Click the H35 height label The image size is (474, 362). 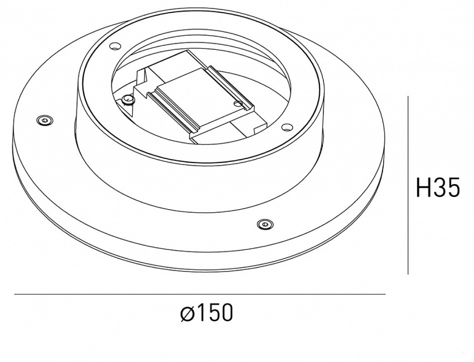pyautogui.click(x=438, y=188)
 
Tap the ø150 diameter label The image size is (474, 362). pyautogui.click(x=206, y=313)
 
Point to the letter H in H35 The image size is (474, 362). pyautogui.click(x=424, y=188)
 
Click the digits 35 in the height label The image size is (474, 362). pyautogui.click(x=447, y=188)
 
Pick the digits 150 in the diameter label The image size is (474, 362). pyautogui.click(x=214, y=313)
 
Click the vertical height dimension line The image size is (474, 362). pyautogui.click(x=408, y=186)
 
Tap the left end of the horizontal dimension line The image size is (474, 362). pyautogui.click(x=15, y=294)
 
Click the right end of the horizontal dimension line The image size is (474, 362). pyautogui.click(x=385, y=294)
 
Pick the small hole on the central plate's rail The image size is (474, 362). pyautogui.click(x=238, y=104)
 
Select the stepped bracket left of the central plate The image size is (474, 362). pyautogui.click(x=143, y=83)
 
